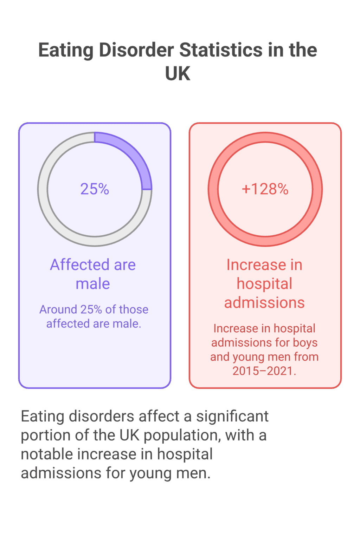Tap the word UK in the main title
click(178, 73)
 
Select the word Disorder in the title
click(136, 50)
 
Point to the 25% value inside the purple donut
click(95, 189)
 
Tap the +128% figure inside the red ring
click(265, 189)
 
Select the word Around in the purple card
click(58, 309)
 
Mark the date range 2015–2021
click(264, 371)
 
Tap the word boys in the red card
click(305, 342)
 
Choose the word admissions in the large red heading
click(264, 303)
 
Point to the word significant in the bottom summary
click(232, 417)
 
